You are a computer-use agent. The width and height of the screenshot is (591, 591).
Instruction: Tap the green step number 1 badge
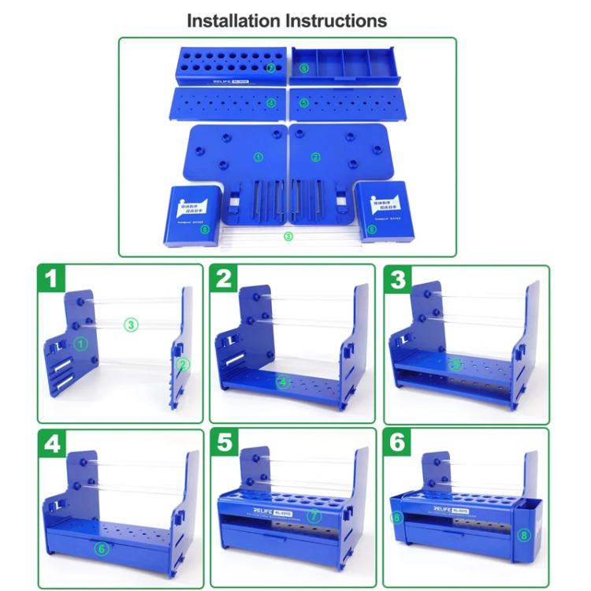51,278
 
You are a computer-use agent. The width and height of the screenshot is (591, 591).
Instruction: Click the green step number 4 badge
51,443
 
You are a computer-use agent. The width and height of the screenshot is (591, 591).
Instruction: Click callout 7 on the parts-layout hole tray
270,69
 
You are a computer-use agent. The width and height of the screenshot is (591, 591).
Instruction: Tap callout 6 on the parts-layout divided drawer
304,69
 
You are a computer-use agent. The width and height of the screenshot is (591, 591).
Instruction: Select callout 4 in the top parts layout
270,102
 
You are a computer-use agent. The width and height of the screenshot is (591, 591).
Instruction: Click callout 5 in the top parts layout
304,102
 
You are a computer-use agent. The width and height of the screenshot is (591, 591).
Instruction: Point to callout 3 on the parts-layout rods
288,236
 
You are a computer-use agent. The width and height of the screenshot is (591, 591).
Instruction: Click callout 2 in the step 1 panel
183,363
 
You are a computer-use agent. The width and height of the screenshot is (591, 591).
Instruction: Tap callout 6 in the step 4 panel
101,548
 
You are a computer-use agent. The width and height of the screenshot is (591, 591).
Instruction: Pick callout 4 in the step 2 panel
283,383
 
